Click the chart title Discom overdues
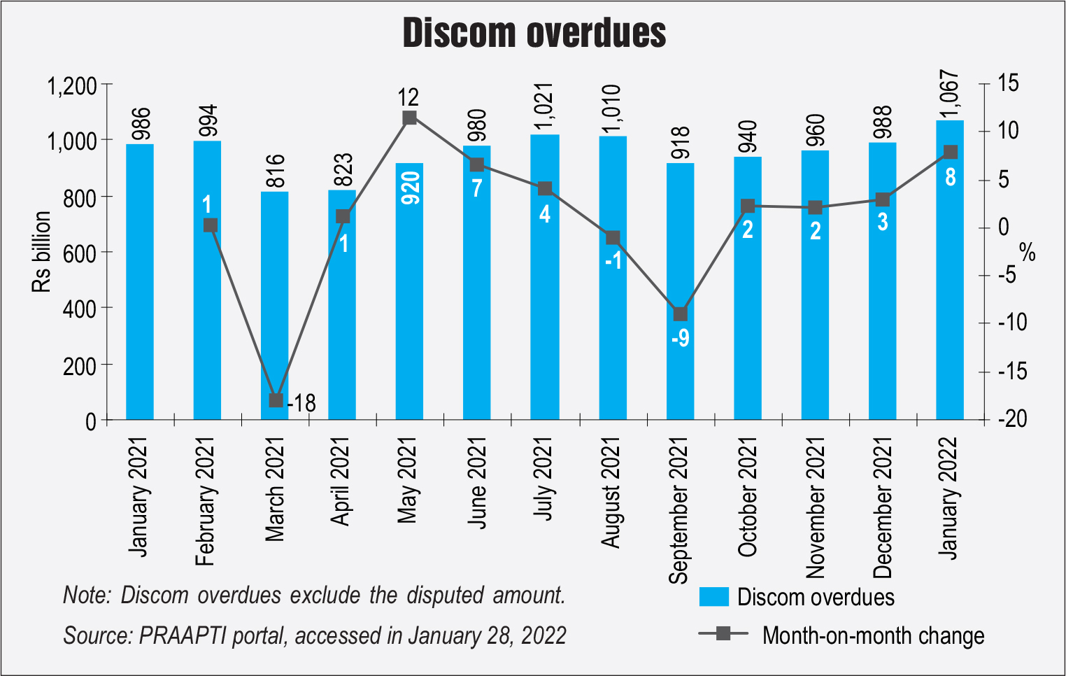tap(534, 33)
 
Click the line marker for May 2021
tap(410, 118)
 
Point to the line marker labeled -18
tap(276, 400)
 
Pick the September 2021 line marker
tap(680, 314)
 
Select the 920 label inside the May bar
tap(411, 188)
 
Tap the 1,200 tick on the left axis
tap(71, 86)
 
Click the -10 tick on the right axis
tap(1012, 323)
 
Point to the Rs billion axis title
tap(41, 252)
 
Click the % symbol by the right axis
tap(1027, 252)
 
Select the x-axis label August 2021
tap(611, 493)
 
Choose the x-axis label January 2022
tap(948, 498)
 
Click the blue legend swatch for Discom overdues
tap(713, 597)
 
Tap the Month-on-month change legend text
tap(873, 635)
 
